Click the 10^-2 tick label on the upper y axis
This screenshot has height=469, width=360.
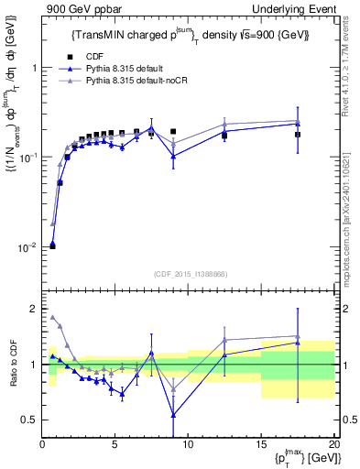click(x=27, y=247)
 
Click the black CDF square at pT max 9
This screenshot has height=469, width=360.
click(x=173, y=131)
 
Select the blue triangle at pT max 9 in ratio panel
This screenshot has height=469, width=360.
click(x=173, y=415)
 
